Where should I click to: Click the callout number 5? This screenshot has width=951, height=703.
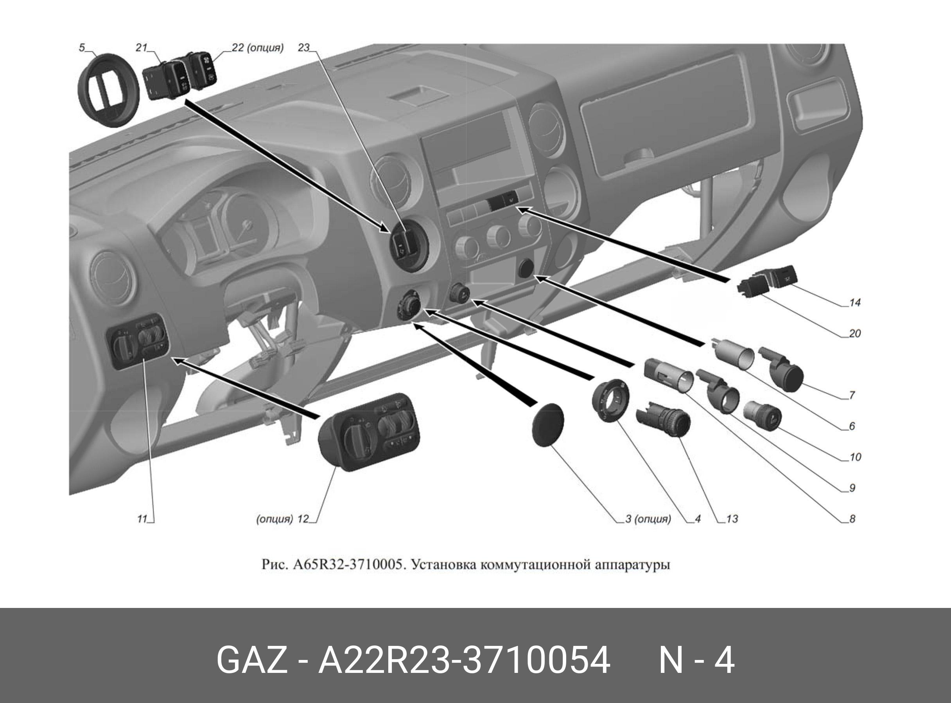[82, 48]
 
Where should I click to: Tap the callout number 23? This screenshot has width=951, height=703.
[304, 48]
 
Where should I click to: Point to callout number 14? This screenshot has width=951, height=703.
[855, 302]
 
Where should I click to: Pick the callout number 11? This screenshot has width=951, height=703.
[142, 519]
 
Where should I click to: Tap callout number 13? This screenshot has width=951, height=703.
[732, 519]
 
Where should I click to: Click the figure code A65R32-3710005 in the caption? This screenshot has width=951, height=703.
[348, 565]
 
